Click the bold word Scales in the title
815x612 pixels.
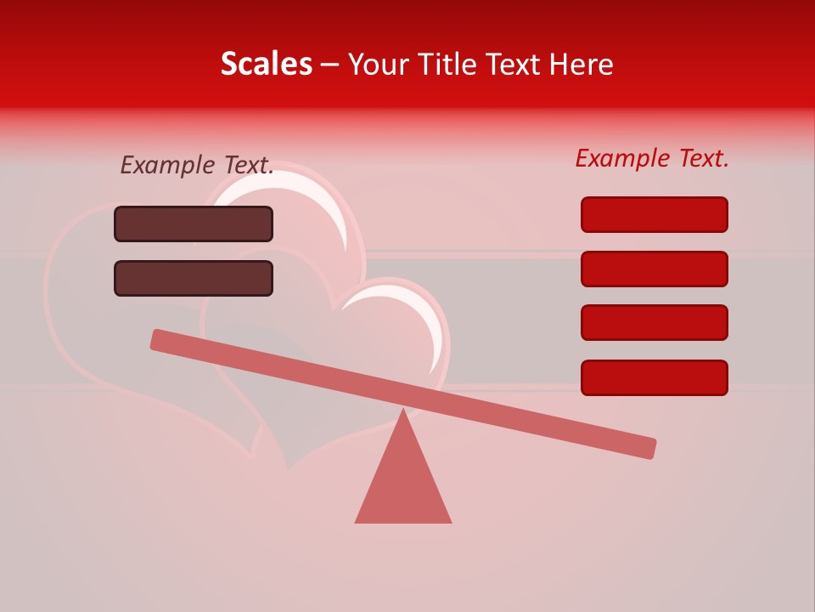point(266,64)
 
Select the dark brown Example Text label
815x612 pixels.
point(197,165)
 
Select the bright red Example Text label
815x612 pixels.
point(652,158)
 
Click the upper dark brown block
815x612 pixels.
point(194,224)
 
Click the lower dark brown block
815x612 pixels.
point(194,278)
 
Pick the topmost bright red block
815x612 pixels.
point(654,214)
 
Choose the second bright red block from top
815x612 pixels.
point(654,269)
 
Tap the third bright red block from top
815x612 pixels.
point(654,322)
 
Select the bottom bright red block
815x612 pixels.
point(654,377)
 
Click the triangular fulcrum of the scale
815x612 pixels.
point(403,484)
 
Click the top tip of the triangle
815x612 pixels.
point(403,412)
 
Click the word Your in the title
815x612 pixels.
point(379,64)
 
